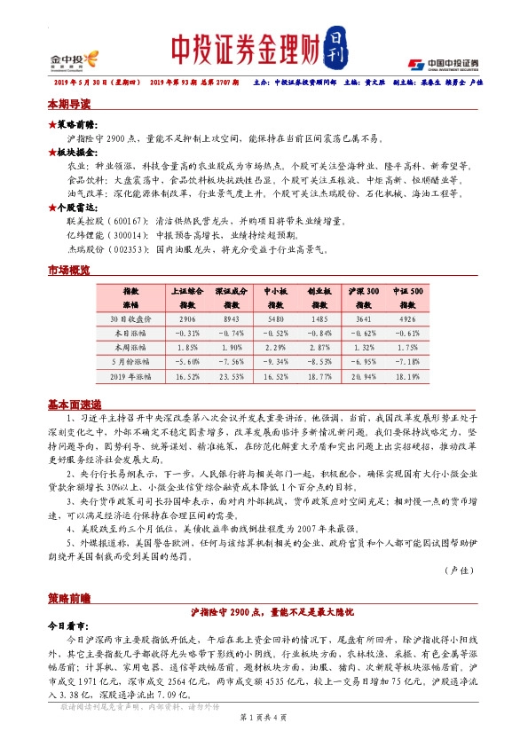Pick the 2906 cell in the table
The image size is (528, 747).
point(186,318)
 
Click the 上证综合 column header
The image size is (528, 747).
point(186,290)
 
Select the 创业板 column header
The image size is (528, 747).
point(319,290)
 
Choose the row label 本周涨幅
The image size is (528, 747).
point(130,348)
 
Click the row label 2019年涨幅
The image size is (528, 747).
point(130,376)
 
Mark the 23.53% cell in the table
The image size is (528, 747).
point(231,376)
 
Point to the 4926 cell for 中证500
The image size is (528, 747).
point(408,318)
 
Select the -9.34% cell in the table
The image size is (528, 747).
point(275,362)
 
